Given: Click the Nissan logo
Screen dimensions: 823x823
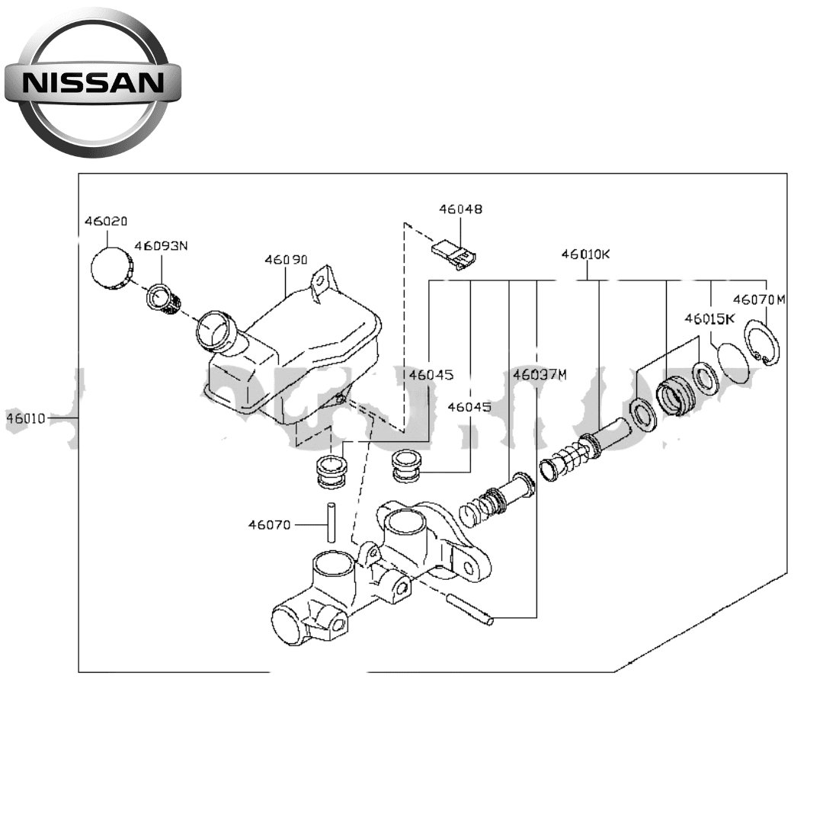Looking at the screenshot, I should pos(93,82).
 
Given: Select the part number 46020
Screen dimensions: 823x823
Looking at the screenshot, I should pos(106,221).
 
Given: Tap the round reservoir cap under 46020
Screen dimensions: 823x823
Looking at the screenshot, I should pos(111,269).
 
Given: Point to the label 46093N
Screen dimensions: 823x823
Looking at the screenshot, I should pos(161,246).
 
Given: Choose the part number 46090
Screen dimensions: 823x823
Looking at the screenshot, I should pos(286,259).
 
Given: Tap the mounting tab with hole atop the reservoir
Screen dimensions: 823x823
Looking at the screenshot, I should pos(323,281).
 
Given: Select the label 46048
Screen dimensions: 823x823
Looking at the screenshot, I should pos(460,209).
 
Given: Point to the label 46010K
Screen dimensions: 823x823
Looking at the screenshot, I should pos(585,254).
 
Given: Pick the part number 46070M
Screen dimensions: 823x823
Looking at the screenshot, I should pos(758,299).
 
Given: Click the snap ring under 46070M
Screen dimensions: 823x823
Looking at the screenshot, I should pos(762,344).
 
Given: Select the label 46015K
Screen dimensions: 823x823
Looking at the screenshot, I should pos(709,319).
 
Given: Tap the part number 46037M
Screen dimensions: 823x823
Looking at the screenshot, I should pos(540,374).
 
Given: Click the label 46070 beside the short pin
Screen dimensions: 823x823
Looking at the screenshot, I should pos(269,524).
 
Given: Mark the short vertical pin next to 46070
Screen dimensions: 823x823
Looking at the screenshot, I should pos(331,523).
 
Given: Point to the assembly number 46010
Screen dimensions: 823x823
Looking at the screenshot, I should pos(27,418).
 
